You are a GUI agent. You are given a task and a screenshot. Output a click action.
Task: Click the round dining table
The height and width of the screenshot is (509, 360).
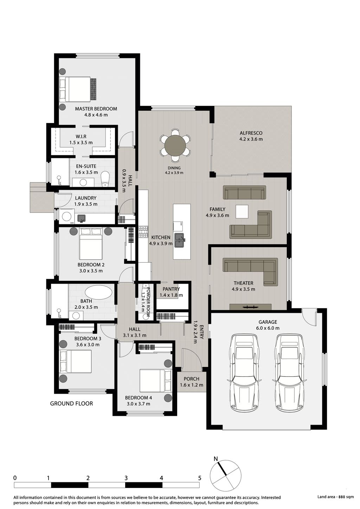pyautogui.click(x=175, y=146)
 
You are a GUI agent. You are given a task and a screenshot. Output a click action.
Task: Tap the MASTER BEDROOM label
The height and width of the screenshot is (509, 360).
pyautogui.click(x=96, y=109)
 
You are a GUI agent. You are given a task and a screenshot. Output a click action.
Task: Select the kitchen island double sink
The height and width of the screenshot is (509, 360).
pyautogui.click(x=180, y=240)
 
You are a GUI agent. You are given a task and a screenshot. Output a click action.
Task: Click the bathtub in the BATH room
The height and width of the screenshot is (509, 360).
pyautogui.click(x=98, y=292)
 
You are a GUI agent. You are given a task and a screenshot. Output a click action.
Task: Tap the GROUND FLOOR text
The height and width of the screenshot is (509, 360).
pyautogui.click(x=71, y=404)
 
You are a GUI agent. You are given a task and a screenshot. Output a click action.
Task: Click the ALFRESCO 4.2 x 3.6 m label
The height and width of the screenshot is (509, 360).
pyautogui.click(x=251, y=136)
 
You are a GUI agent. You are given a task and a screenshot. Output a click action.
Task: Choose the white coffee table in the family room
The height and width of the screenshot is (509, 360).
pyautogui.click(x=242, y=212)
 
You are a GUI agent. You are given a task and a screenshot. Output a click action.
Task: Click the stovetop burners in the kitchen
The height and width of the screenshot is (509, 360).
pyautogui.click(x=143, y=232)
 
